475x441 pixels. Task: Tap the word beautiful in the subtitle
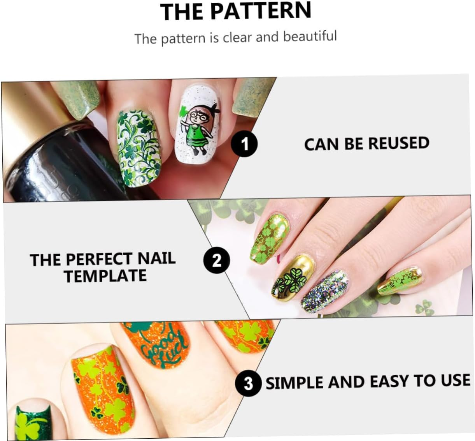pos(310,36)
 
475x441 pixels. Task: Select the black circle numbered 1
pos(244,144)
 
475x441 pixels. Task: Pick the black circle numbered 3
pos(248,383)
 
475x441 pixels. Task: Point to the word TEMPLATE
pos(105,276)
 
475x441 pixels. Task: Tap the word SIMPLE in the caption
pos(295,382)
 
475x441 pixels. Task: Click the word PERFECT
pos(95,259)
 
